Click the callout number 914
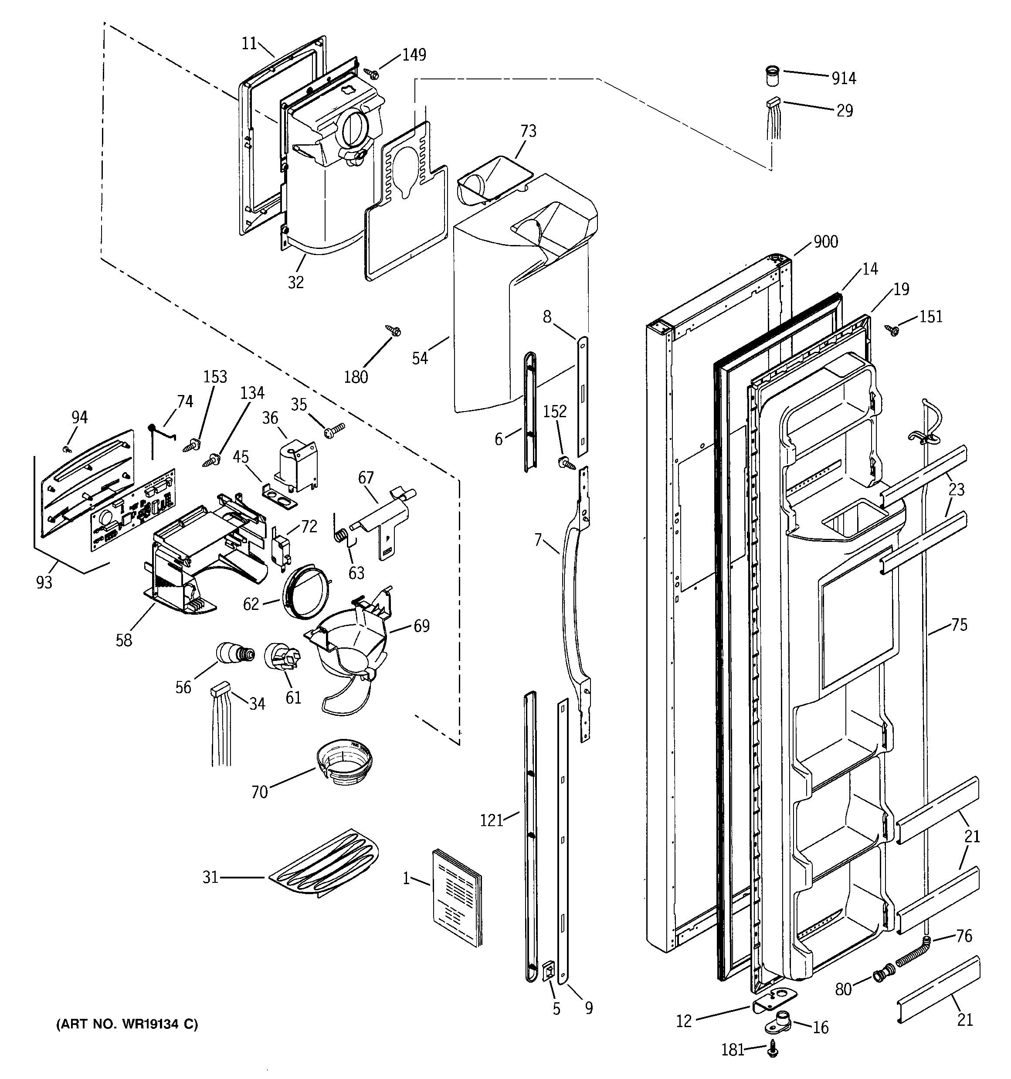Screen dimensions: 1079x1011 (844, 79)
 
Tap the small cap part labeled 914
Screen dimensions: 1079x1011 (772, 75)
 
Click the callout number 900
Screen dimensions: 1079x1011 (825, 242)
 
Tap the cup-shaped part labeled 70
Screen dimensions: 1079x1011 (344, 762)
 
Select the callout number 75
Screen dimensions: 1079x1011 (959, 625)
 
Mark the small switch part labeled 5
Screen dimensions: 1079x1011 (549, 971)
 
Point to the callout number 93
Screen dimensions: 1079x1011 (44, 582)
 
